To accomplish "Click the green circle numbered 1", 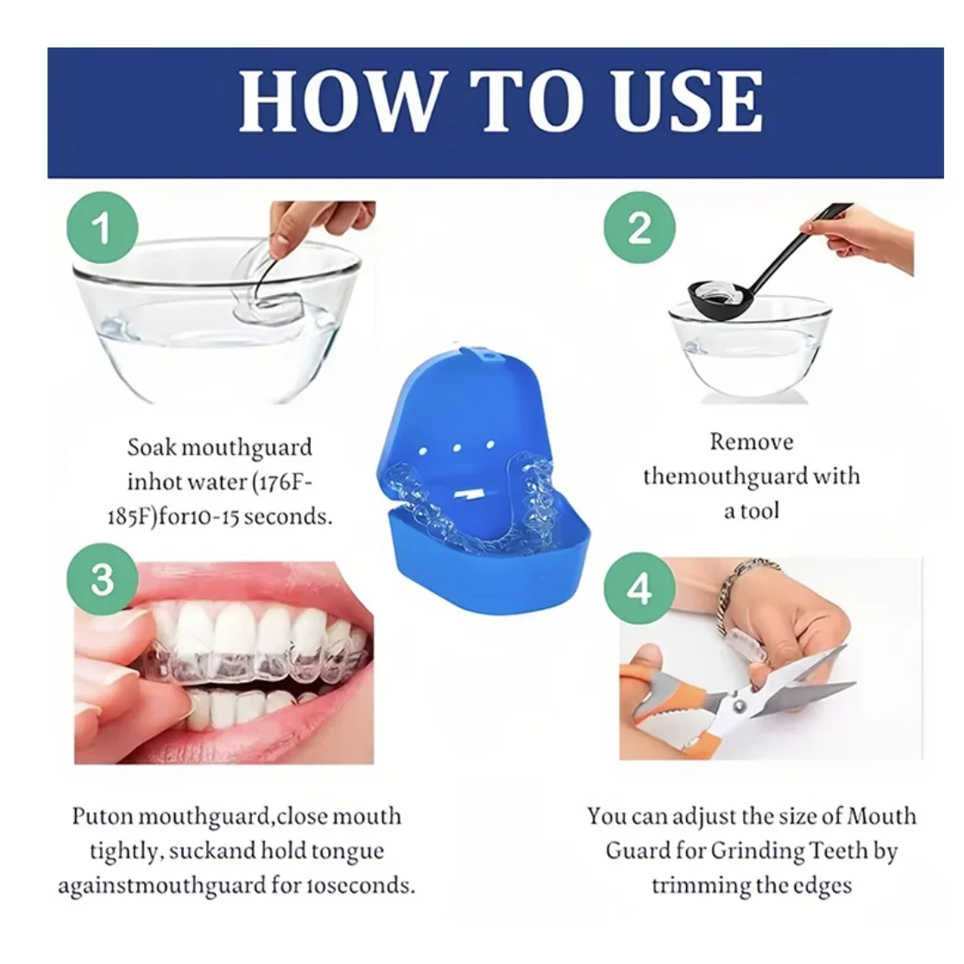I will (x=102, y=228).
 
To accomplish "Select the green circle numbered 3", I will (x=102, y=579).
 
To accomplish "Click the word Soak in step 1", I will (x=151, y=447).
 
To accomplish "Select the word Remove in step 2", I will (x=751, y=442).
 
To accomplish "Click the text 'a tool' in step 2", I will (x=751, y=511).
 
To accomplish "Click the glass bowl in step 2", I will (x=751, y=354).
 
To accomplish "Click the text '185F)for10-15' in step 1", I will (x=173, y=517).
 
